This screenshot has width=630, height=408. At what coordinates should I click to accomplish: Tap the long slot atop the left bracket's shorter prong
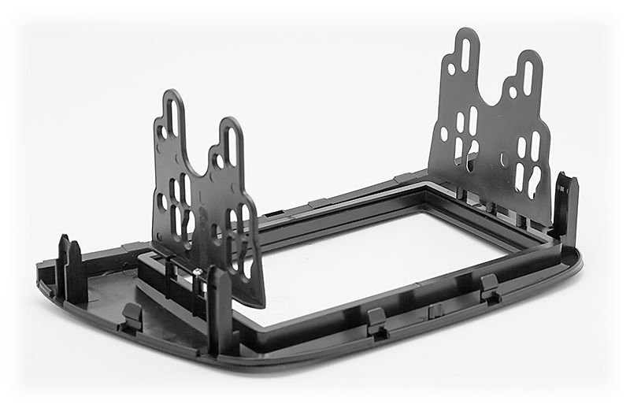230,145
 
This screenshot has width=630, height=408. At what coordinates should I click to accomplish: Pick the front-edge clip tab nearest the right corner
489,287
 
